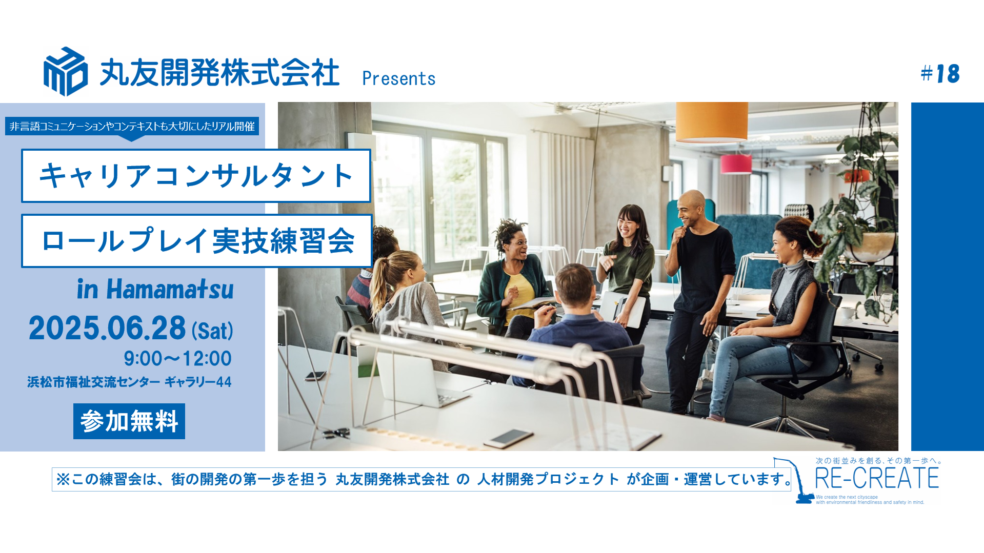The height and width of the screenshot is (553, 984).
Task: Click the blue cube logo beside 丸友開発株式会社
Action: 66,72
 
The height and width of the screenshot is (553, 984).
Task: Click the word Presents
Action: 399,78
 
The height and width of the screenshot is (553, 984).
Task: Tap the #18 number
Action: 940,74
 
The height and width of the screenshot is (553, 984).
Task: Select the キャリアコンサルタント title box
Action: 196,176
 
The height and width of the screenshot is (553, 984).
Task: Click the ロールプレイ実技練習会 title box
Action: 197,241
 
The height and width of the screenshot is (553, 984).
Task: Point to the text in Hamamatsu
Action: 155,289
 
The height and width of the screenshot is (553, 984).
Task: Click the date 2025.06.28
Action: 107,328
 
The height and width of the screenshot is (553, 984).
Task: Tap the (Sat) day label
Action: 213,330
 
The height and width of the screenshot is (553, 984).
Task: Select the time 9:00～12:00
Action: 178,358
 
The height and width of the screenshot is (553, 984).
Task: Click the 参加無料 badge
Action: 129,421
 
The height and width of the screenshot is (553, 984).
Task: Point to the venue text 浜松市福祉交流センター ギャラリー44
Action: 129,382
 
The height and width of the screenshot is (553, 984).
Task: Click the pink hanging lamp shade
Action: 736,164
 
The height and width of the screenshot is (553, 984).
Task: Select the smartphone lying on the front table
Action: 509,438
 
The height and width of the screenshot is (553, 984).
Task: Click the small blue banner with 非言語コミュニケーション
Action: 132,127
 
